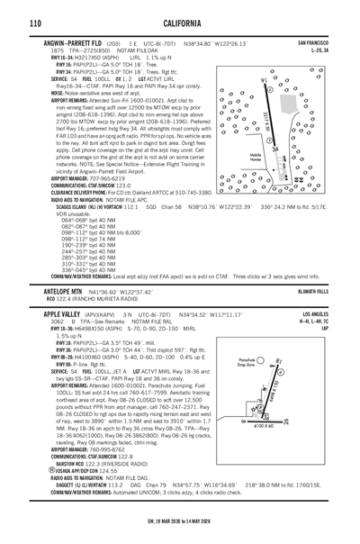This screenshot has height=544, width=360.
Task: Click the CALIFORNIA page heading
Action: point(180,20)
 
